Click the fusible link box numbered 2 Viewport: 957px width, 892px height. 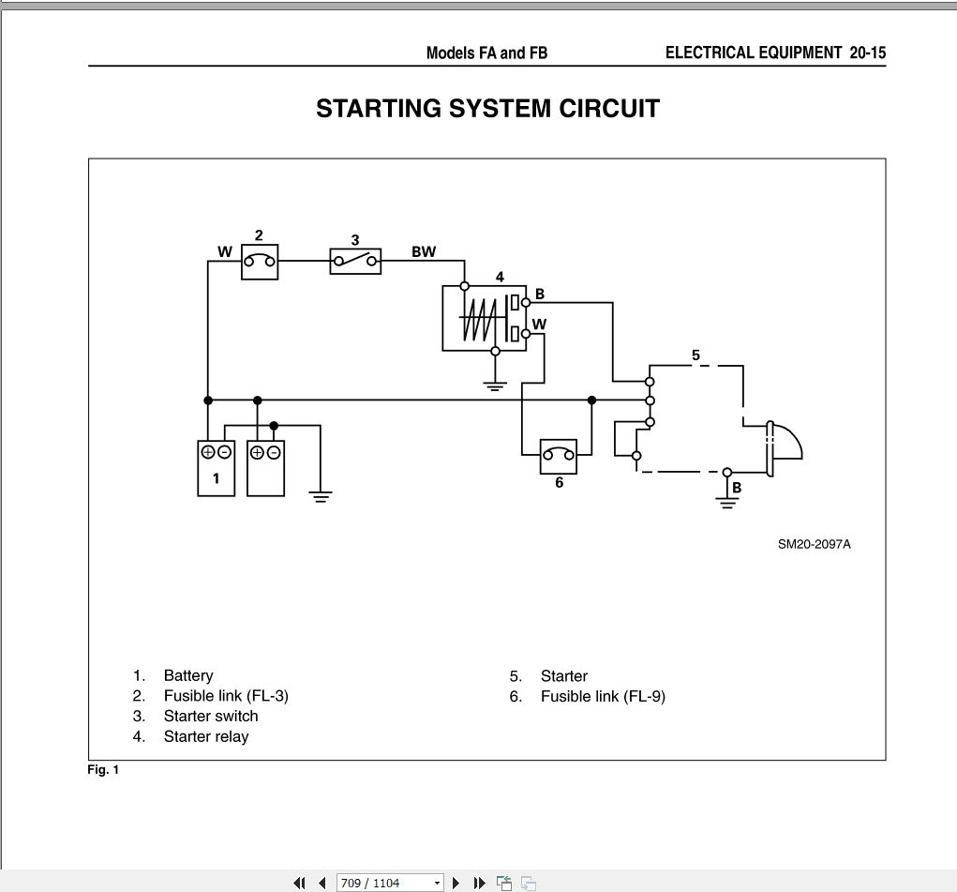coord(261,262)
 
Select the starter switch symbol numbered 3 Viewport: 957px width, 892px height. coord(355,261)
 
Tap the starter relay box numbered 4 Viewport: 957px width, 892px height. coord(485,318)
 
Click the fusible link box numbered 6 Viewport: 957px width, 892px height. coord(559,457)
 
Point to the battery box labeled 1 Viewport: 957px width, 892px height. coord(217,467)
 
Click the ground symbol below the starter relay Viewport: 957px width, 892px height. coord(496,384)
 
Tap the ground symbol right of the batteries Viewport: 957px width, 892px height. coord(321,495)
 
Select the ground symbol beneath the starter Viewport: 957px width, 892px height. coord(726,503)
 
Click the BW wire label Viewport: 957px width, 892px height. coord(424,251)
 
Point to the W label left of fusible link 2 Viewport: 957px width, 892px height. coord(225,251)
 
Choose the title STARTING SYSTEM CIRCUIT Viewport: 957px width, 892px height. coord(487,109)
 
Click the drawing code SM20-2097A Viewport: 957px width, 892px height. coord(814,544)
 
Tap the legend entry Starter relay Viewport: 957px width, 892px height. coord(206,736)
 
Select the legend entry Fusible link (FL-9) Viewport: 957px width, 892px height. coord(603,696)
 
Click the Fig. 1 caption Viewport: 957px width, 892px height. coord(103,770)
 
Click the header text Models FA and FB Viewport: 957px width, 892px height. coord(486,53)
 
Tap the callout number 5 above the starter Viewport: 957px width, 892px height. coord(695,355)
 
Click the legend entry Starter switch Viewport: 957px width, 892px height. coord(211,716)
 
